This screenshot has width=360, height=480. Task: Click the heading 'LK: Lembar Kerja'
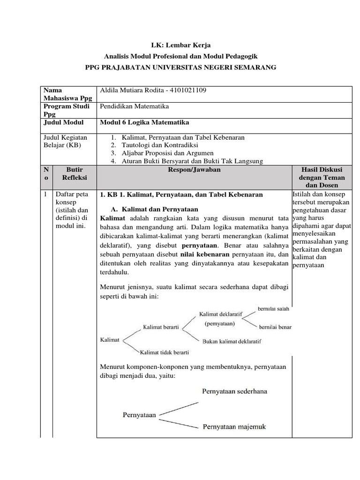(x=180, y=45)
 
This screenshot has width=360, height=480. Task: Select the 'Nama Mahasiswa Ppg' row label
(x=67, y=94)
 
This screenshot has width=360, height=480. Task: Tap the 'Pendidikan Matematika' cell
(x=135, y=106)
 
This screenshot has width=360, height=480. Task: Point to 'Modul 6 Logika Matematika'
(x=145, y=122)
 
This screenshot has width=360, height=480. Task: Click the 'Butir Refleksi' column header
(x=74, y=173)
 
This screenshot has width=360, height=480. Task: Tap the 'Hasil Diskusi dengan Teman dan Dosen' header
(x=322, y=177)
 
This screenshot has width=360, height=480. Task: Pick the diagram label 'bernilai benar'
(x=276, y=326)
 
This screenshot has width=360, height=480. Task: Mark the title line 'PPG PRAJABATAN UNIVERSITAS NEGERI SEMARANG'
(x=180, y=67)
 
